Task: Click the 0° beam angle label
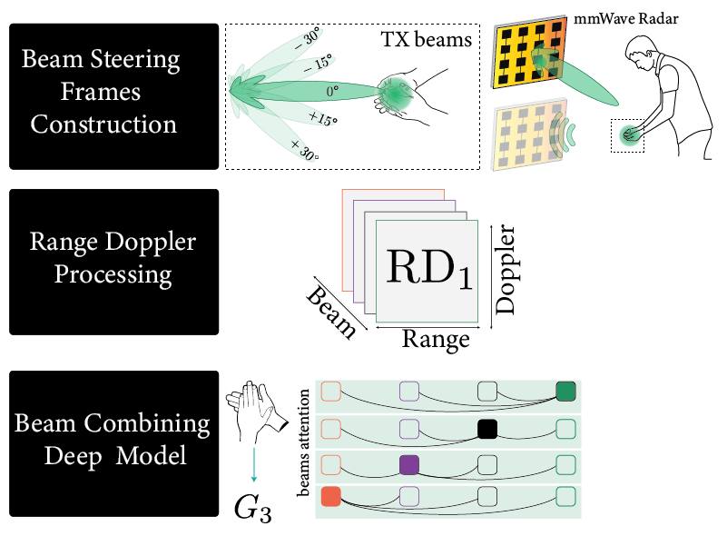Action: [x=332, y=92]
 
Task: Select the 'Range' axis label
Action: [x=436, y=340]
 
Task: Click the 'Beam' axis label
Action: [x=331, y=312]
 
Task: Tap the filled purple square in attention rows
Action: [x=409, y=463]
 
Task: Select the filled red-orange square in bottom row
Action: [x=330, y=497]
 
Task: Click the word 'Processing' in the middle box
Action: [x=113, y=273]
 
